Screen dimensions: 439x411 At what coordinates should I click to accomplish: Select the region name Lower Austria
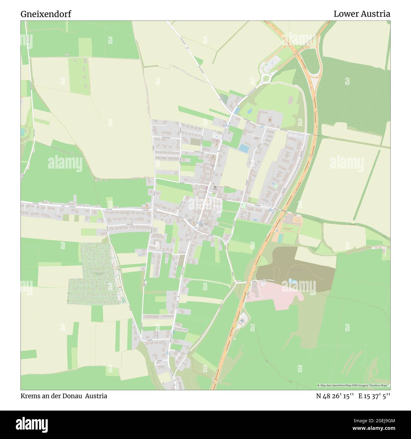tap(362, 14)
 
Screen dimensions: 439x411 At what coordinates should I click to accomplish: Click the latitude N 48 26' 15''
tap(335, 396)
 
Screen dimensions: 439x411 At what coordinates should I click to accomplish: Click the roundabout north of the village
tap(265, 78)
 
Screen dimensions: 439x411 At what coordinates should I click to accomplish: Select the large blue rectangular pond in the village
tap(244, 148)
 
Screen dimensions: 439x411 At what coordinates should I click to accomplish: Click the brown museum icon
tap(269, 120)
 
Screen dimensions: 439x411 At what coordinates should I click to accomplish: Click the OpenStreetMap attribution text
tap(353, 385)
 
